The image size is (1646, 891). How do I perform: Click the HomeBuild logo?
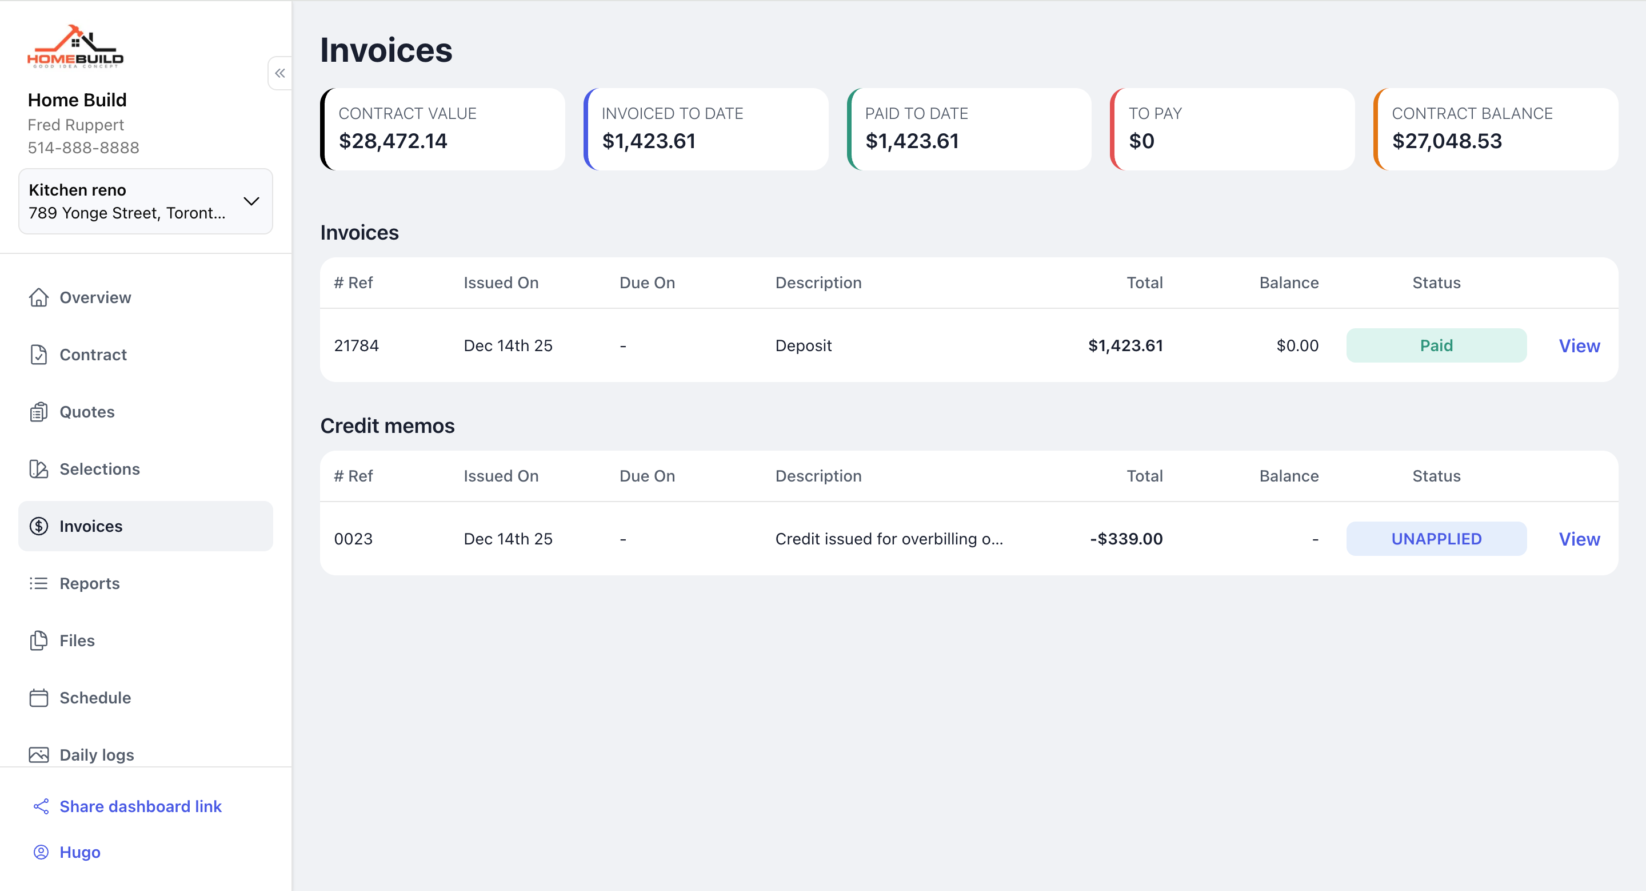pos(75,46)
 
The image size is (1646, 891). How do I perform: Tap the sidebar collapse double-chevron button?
pos(280,73)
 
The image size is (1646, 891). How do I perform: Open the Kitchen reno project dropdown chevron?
pos(251,201)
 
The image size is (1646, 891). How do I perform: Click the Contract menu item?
pos(93,355)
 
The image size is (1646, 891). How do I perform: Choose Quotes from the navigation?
pos(87,412)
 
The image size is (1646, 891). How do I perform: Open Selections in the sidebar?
pos(99,469)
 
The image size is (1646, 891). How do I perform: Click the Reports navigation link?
pos(90,583)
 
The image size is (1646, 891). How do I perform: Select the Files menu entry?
pos(77,641)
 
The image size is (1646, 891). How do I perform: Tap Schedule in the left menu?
pos(94,698)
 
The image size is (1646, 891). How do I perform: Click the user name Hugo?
pos(79,852)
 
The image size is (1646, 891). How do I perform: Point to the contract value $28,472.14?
pos(393,141)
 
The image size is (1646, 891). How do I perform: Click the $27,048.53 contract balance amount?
pos(1447,141)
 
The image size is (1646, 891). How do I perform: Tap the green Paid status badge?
pos(1436,346)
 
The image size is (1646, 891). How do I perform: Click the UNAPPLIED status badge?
pos(1436,539)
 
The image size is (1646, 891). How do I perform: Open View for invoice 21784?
pos(1579,346)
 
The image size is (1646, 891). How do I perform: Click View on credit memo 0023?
pos(1579,539)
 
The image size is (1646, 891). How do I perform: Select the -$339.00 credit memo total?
pos(1126,539)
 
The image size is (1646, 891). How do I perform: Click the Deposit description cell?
pos(803,346)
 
